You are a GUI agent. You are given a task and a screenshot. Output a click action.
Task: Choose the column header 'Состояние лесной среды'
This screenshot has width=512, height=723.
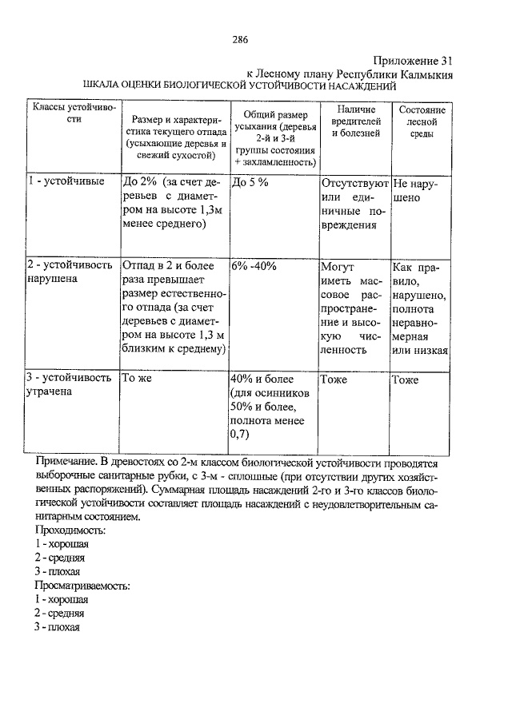click(421, 121)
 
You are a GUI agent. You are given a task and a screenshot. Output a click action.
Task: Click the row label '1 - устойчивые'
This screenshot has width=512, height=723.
click(65, 181)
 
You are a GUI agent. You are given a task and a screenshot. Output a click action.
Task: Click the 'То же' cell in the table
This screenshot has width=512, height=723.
click(137, 379)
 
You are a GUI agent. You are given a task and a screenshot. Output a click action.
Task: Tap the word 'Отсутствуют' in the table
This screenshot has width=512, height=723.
click(354, 182)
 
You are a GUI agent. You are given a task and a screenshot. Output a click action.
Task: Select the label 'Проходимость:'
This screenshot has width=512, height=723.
click(76, 530)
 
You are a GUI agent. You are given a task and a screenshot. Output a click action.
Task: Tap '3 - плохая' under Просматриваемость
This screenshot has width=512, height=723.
click(58, 627)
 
